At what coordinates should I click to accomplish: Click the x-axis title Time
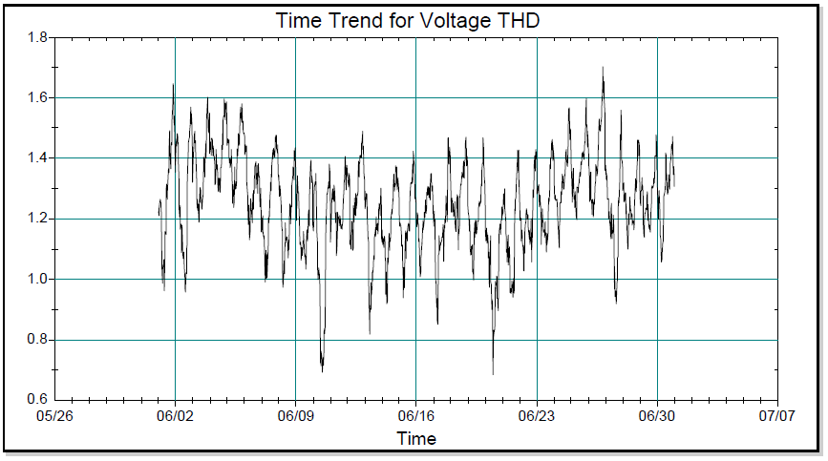click(416, 439)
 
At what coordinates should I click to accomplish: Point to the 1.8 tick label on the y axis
click(38, 38)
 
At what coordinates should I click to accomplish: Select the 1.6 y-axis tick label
click(38, 98)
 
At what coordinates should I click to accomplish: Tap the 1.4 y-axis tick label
click(38, 158)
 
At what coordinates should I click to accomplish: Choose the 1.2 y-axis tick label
click(38, 219)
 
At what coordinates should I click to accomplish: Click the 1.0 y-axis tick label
click(38, 280)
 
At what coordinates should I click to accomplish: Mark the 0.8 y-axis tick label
click(38, 340)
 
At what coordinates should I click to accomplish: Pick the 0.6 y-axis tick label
click(38, 400)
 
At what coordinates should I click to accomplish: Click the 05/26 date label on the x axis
click(54, 416)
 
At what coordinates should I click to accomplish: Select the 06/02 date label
click(175, 416)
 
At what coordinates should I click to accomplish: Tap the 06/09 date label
click(295, 416)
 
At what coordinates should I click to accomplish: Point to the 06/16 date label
click(415, 416)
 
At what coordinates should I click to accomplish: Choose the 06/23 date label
click(537, 416)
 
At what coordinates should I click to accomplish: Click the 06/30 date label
click(657, 416)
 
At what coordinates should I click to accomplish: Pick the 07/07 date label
click(777, 416)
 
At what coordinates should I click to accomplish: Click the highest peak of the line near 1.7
click(604, 68)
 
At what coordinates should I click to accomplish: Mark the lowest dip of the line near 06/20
click(494, 373)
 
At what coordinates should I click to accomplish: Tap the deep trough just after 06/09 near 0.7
click(322, 369)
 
